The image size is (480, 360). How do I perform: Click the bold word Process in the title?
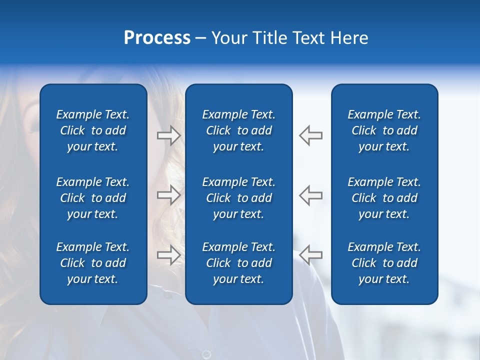coord(157,38)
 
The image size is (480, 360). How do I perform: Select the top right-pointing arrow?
coord(169,135)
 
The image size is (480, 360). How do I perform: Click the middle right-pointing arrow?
coord(169,195)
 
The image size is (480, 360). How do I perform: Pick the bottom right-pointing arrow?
coord(169,255)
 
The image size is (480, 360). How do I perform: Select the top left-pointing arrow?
coord(311,135)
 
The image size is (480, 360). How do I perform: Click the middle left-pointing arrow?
coord(311,195)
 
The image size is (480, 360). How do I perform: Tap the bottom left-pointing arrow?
coord(311,255)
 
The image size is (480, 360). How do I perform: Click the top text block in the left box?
coord(93,130)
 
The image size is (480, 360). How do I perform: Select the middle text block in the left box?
coord(93,198)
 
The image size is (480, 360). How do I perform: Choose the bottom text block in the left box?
coord(93,263)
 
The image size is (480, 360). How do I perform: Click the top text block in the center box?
coord(239,130)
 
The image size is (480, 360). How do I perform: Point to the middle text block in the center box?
coord(239,198)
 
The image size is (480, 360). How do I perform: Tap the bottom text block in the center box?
coord(239,263)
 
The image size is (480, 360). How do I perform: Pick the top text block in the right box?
coord(384,130)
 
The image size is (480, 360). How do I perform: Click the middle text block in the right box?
coord(384,198)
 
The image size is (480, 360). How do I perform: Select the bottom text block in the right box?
coord(384,263)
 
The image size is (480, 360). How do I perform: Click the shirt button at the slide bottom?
coord(206,354)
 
